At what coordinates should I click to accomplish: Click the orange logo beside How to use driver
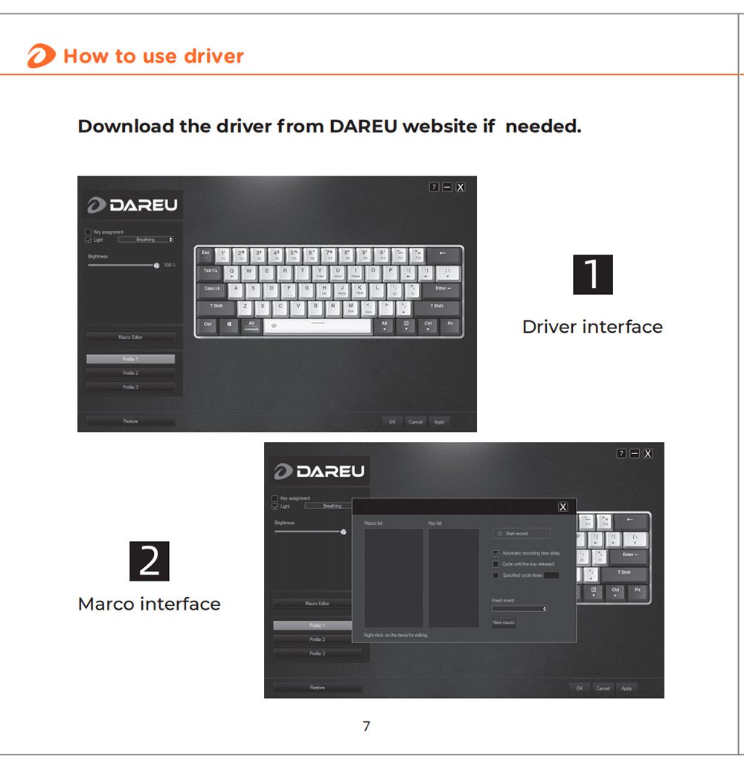pos(41,57)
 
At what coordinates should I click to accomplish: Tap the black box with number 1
pos(593,275)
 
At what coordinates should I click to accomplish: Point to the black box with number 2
pos(150,561)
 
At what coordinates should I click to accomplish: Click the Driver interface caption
pos(592,327)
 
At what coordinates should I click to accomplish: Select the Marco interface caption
pos(150,604)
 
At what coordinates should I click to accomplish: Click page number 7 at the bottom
pos(366,727)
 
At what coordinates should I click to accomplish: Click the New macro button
pos(504,622)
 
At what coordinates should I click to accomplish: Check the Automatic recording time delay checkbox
pos(496,554)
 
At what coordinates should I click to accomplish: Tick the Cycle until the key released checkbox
pos(496,564)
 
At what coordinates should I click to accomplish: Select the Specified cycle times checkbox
pos(496,575)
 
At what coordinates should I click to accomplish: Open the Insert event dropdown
pos(519,609)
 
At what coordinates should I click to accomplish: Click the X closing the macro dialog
pos(563,507)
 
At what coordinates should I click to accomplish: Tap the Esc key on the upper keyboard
pos(206,255)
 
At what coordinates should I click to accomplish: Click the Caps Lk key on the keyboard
pos(212,289)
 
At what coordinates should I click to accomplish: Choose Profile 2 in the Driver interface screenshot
pos(131,373)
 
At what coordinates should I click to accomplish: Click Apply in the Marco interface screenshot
pos(626,688)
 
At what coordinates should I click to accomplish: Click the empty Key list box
pos(454,578)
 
